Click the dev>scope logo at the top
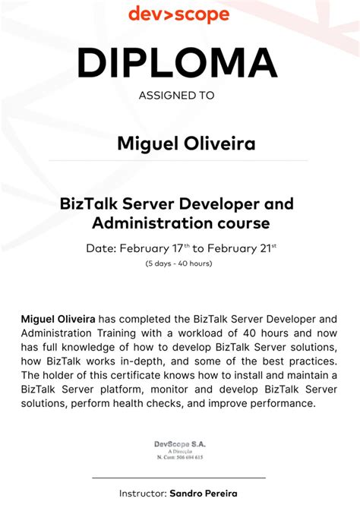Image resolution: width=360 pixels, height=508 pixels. pos(178,14)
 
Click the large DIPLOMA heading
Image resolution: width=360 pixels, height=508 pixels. pos(177,63)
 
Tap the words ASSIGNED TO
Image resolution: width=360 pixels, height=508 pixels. pos(177,96)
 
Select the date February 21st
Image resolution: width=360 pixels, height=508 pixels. pos(242,248)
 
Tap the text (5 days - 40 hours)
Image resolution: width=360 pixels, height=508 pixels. pos(178,263)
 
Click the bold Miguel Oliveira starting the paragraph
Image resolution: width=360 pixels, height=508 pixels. pos(58,320)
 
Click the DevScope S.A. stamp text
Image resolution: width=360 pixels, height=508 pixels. pos(179,443)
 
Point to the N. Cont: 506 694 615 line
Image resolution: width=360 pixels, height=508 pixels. pos(179,457)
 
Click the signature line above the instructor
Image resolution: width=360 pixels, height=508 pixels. pos(178,478)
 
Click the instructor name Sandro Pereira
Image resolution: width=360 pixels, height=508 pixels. pos(204,493)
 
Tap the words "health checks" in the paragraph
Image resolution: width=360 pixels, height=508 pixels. pos(128,403)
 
